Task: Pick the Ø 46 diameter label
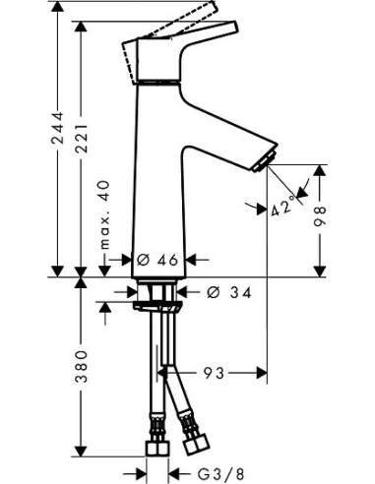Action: [x=156, y=260]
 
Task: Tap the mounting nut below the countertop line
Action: [x=156, y=295]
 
